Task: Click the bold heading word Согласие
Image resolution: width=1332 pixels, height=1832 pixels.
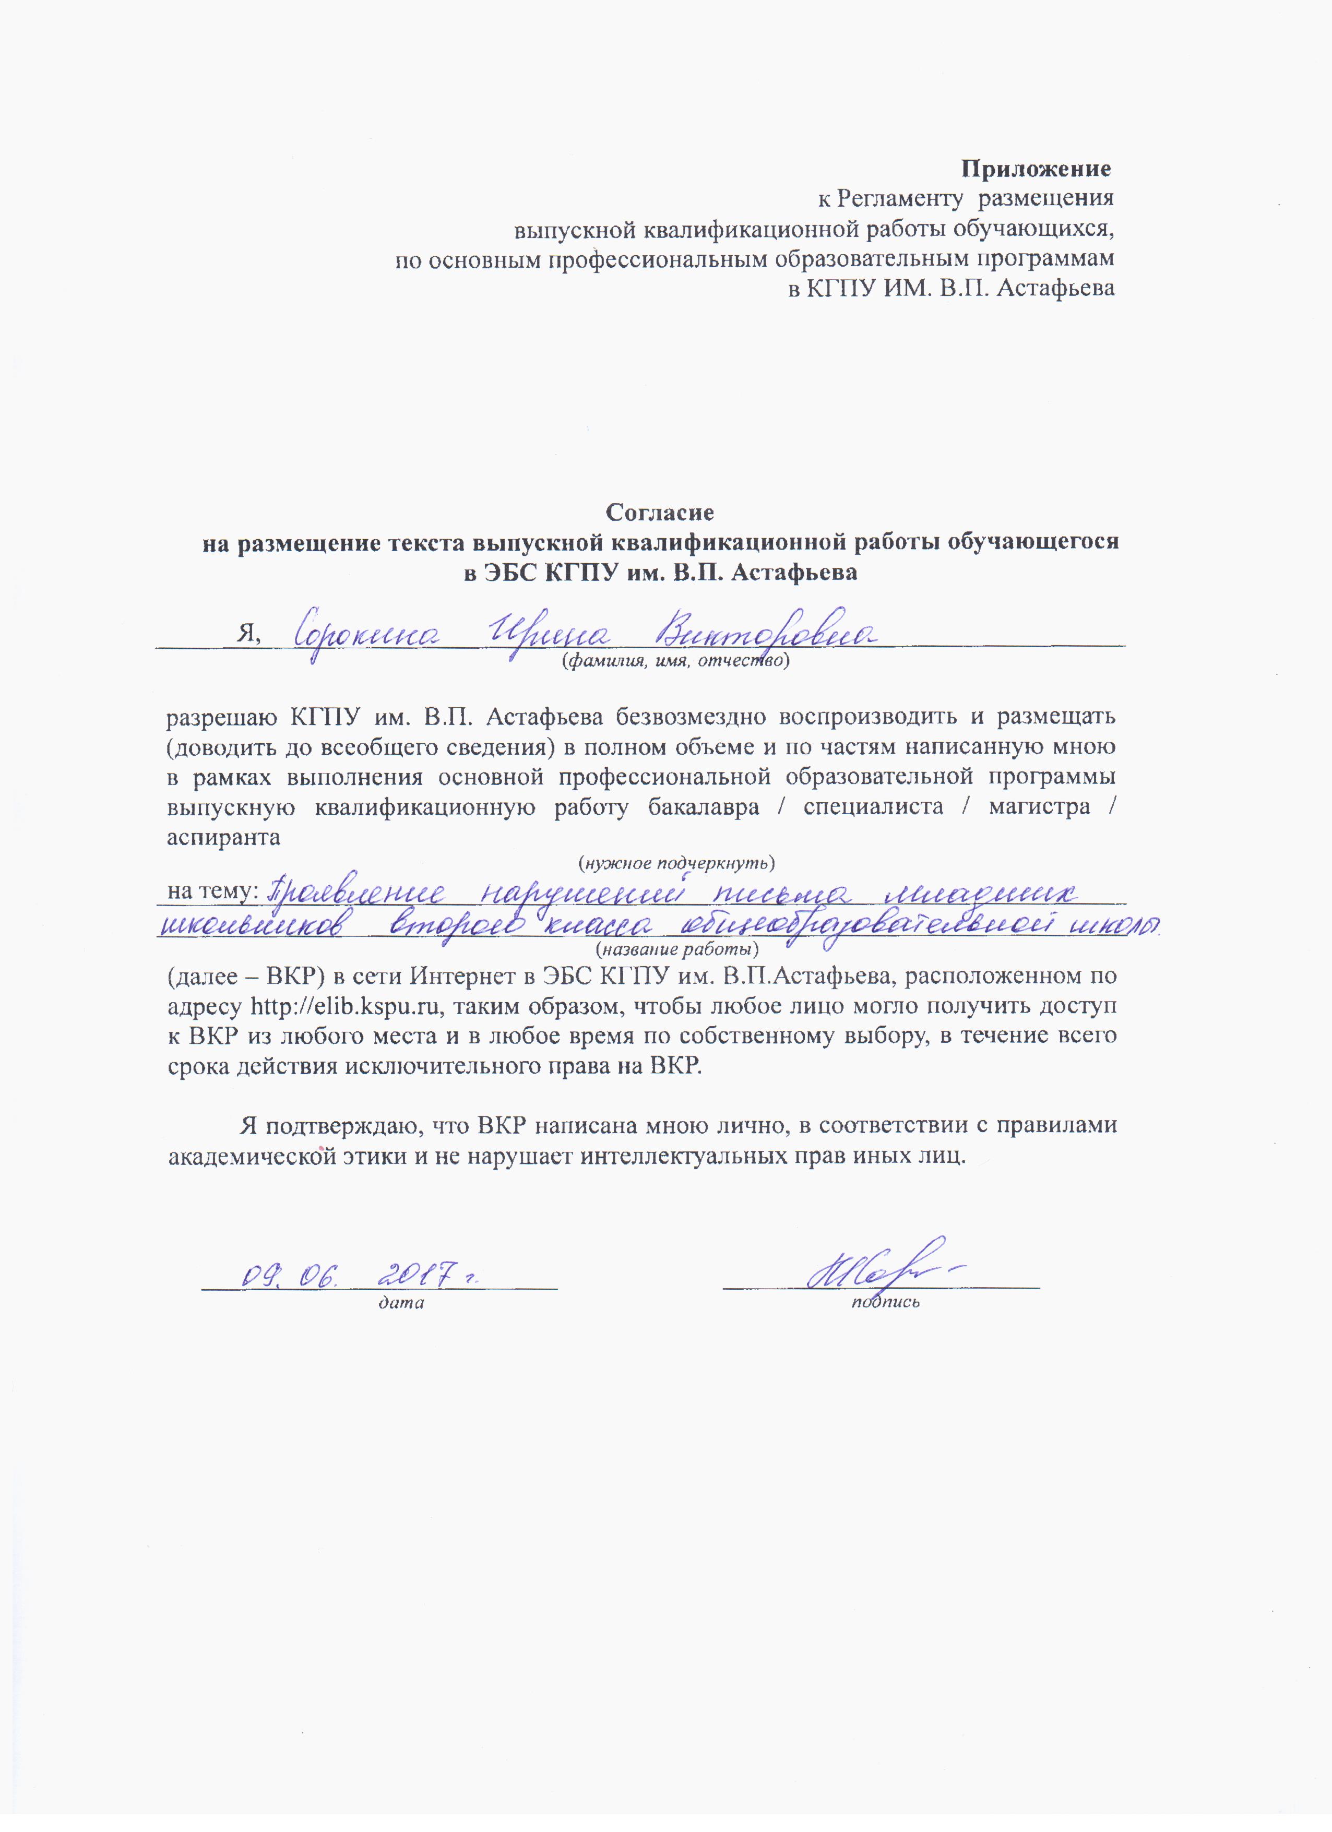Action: [660, 512]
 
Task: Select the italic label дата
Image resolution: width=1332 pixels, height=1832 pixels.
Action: [401, 1302]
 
